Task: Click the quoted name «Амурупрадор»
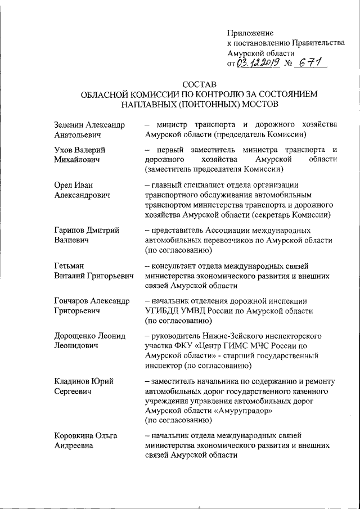click(245, 411)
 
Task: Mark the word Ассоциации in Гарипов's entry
click(227, 231)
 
